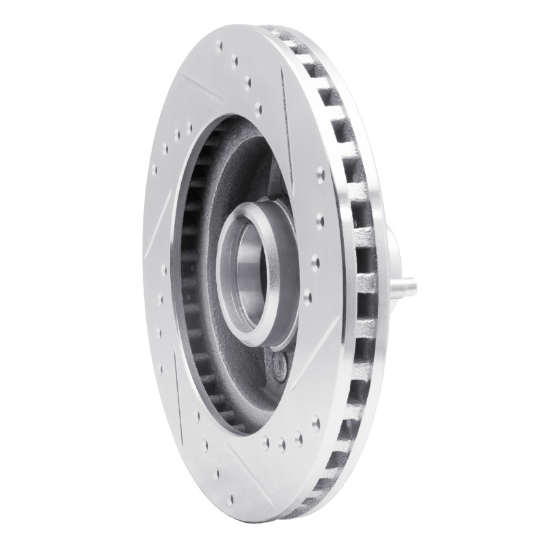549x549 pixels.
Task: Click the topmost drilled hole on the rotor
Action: (x=220, y=47)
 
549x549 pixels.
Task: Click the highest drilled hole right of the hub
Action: (x=320, y=176)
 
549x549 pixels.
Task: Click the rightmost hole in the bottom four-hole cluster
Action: (x=316, y=423)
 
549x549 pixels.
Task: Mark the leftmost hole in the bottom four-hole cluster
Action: (x=265, y=443)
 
